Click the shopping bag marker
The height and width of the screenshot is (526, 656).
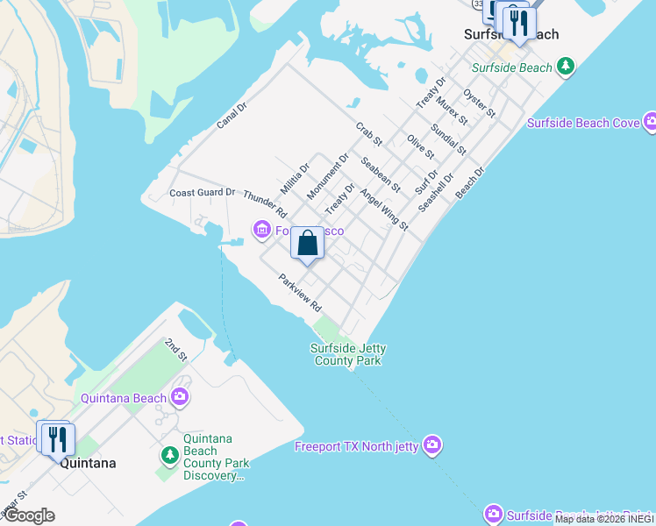307,244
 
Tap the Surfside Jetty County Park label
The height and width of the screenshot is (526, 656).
347,354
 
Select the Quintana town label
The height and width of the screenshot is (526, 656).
88,463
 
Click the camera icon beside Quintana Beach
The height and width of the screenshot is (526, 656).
180,397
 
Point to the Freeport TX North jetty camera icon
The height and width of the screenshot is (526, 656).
432,446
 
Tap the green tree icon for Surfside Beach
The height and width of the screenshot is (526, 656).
567,67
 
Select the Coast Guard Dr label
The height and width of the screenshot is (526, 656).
203,192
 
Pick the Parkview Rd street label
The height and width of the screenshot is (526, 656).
300,294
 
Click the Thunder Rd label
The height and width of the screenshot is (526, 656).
265,204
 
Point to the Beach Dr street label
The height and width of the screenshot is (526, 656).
470,183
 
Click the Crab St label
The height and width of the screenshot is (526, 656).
369,133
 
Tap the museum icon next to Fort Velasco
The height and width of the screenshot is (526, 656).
261,231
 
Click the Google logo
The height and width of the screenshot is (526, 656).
29,515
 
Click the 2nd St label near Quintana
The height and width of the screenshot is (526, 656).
176,351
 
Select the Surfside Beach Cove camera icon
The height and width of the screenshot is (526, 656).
650,122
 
